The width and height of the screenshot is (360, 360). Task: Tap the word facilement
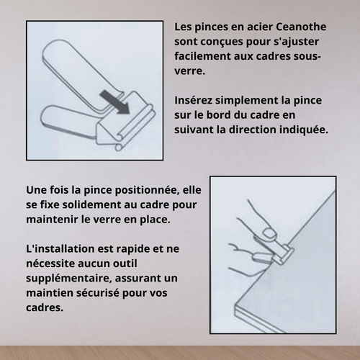pyautogui.click(x=206, y=56)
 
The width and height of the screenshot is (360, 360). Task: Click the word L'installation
pyautogui.click(x=62, y=248)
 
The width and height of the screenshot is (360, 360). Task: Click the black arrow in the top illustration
pyautogui.click(x=112, y=101)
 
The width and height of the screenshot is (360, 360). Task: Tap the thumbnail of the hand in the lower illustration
pyautogui.click(x=269, y=231)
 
